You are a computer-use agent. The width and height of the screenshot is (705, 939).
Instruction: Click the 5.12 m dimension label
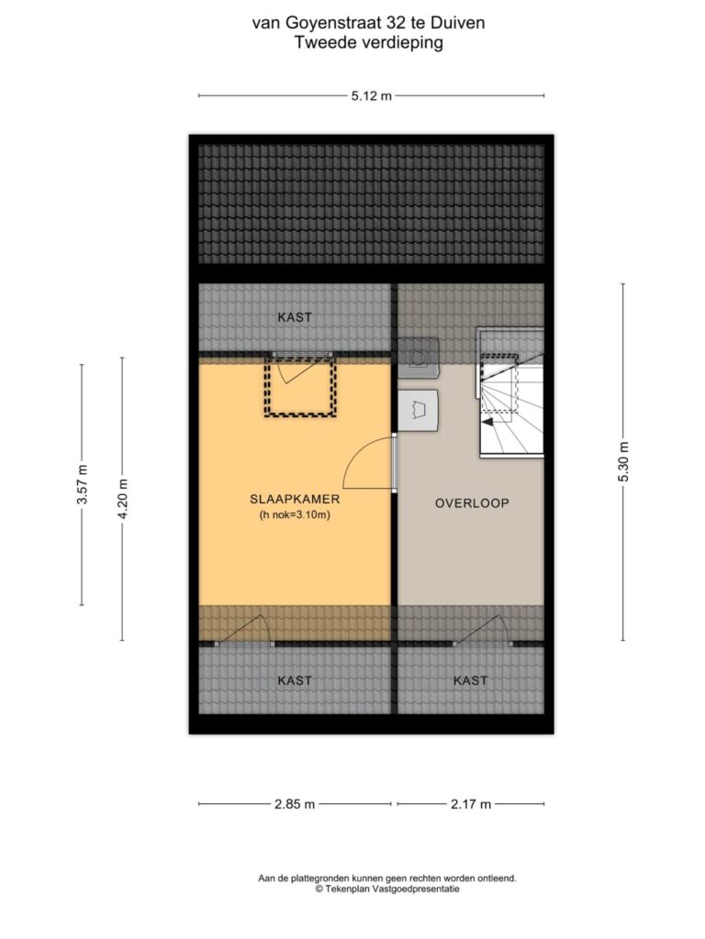tap(371, 95)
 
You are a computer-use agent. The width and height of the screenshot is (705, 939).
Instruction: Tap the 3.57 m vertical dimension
tap(82, 484)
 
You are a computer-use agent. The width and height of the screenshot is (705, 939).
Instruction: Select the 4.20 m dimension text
tap(122, 499)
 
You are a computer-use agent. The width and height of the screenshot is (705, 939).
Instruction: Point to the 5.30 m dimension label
tap(623, 462)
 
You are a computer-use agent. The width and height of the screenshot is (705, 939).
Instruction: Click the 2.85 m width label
tap(295, 804)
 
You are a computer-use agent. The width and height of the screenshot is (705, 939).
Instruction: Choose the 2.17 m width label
tap(471, 804)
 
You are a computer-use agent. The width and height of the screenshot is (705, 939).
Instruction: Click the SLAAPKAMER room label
tap(295, 499)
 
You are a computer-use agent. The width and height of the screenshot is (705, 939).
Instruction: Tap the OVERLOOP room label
tap(472, 503)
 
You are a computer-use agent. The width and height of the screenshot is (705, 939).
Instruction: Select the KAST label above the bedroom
tap(295, 316)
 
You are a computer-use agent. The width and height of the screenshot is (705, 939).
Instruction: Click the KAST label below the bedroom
tap(295, 680)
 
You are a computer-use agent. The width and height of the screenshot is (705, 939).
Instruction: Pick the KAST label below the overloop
tap(471, 680)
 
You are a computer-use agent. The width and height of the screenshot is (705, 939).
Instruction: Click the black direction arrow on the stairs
tap(489, 422)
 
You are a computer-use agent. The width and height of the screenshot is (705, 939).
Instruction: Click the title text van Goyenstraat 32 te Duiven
tap(369, 23)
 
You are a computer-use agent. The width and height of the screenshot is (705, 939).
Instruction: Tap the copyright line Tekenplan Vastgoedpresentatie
tap(388, 889)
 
